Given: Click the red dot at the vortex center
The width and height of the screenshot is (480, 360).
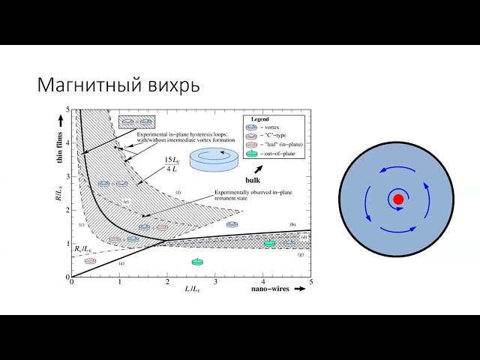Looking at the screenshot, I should (x=398, y=199).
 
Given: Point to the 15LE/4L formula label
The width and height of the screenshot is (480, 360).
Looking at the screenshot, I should (x=173, y=163).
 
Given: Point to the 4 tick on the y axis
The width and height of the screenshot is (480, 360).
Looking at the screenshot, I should (x=67, y=142).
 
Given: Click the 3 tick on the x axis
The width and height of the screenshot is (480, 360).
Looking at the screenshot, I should (x=214, y=283).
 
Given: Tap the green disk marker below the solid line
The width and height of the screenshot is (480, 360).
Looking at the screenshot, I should (x=196, y=262).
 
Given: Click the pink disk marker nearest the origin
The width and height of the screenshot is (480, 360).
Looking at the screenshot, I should (x=91, y=261).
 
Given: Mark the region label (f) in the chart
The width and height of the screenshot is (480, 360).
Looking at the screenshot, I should (x=178, y=193).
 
